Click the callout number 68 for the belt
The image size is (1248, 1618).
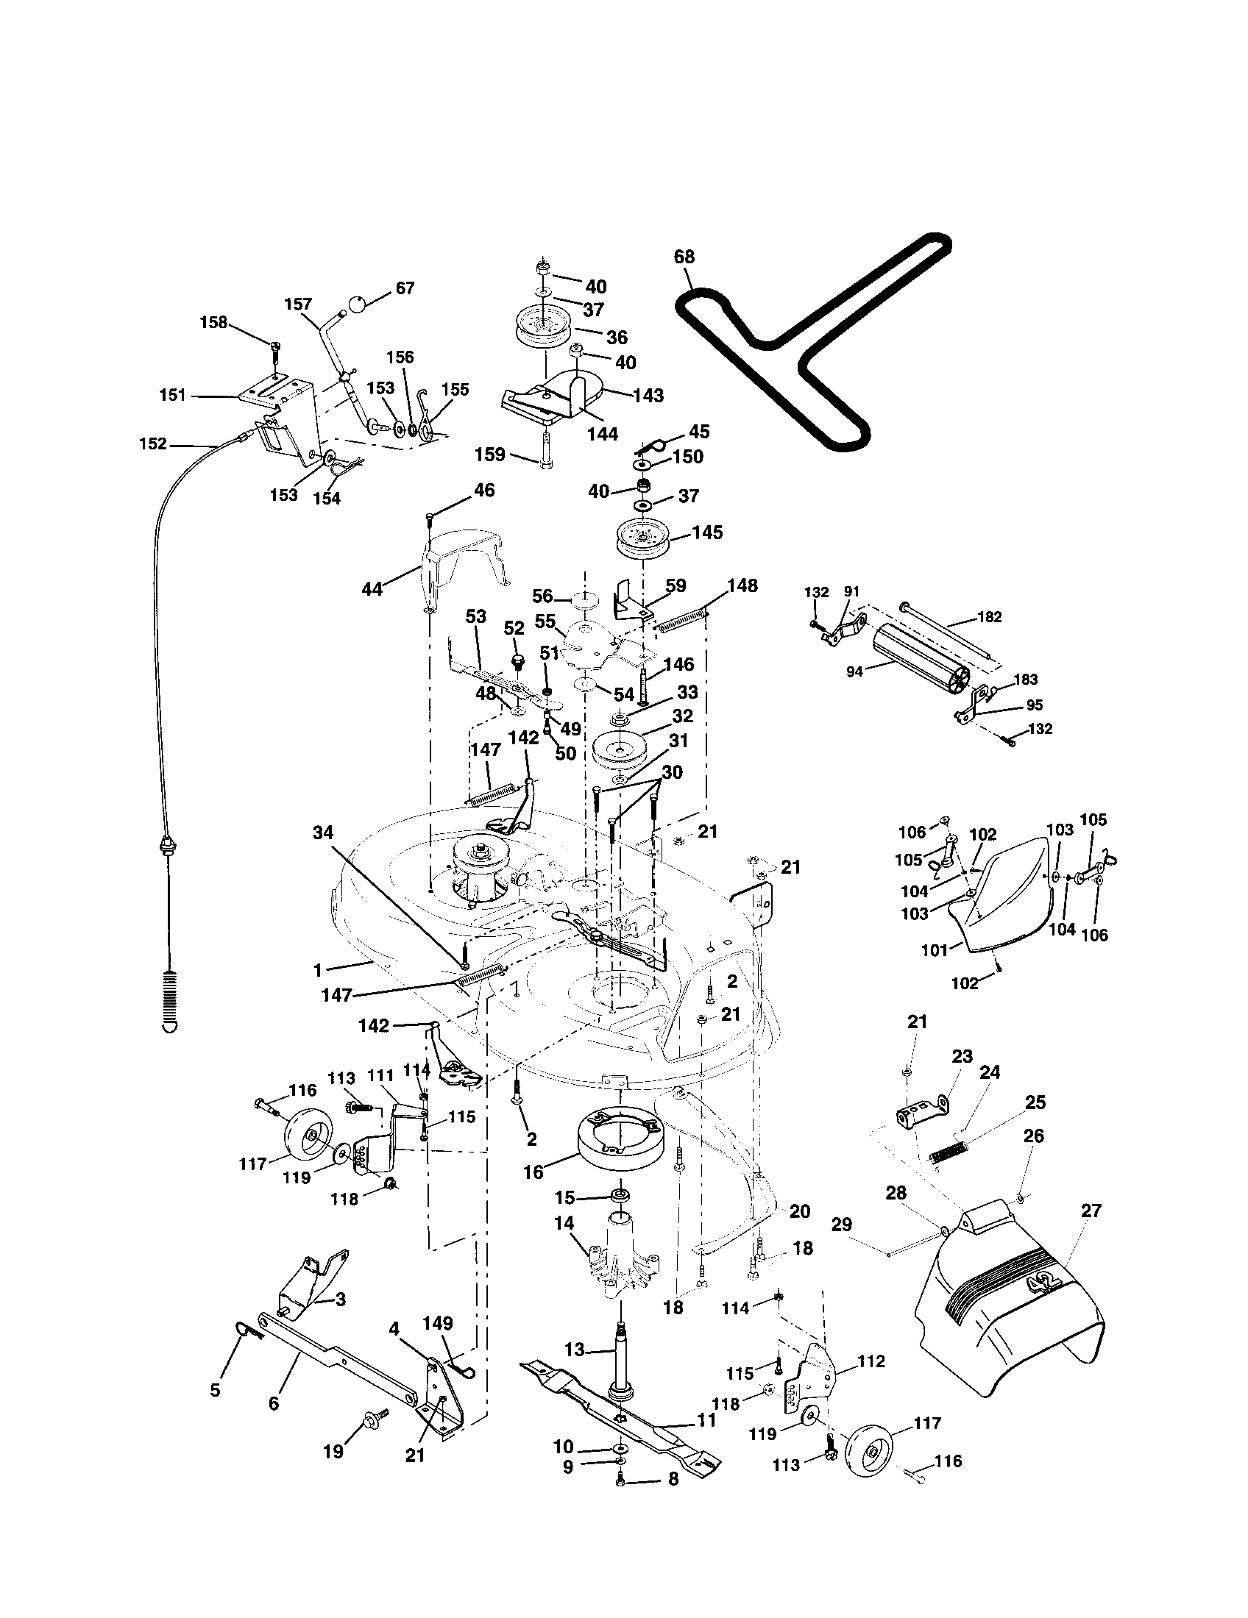point(684,257)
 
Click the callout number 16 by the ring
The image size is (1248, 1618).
point(533,1172)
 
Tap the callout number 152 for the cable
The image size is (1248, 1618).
point(153,444)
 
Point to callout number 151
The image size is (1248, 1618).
point(172,396)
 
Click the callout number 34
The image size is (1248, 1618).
point(323,833)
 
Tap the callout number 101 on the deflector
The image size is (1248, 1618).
point(935,949)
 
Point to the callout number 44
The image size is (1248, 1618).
point(372,589)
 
